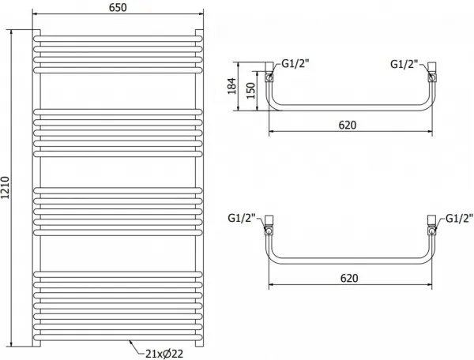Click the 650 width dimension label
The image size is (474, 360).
[x=118, y=8]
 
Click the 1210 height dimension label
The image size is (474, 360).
[x=6, y=188]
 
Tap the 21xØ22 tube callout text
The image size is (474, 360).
[x=164, y=354]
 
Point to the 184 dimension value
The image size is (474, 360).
[x=231, y=86]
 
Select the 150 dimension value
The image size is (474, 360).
[x=250, y=91]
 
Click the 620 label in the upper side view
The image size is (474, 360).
[x=348, y=125]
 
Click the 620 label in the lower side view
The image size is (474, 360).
[x=349, y=278]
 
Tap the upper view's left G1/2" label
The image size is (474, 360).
[x=295, y=64]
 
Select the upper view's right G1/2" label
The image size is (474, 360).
[x=404, y=64]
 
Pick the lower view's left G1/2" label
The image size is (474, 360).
[x=242, y=218]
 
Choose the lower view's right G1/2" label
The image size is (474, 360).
[x=459, y=218]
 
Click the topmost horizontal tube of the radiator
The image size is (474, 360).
[x=118, y=39]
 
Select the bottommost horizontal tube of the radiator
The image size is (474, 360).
[x=118, y=337]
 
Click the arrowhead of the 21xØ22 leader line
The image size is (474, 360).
[x=130, y=341]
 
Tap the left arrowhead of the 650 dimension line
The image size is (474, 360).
[x=35, y=13]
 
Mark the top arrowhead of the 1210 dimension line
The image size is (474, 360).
[x=12, y=32]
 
